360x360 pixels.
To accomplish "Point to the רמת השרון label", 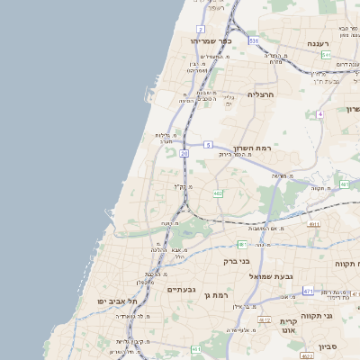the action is (x=253, y=148).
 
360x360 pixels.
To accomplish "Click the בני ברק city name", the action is (x=237, y=261).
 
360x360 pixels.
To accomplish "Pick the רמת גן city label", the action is (x=219, y=295).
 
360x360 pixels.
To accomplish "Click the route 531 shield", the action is (x=254, y=40).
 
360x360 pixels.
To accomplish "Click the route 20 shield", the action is (x=184, y=154).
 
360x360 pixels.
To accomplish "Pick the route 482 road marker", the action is (x=218, y=193).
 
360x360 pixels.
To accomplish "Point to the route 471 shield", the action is (x=308, y=291).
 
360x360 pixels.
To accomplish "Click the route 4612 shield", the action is (x=265, y=319).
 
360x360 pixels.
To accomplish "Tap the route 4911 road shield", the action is (x=314, y=225).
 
